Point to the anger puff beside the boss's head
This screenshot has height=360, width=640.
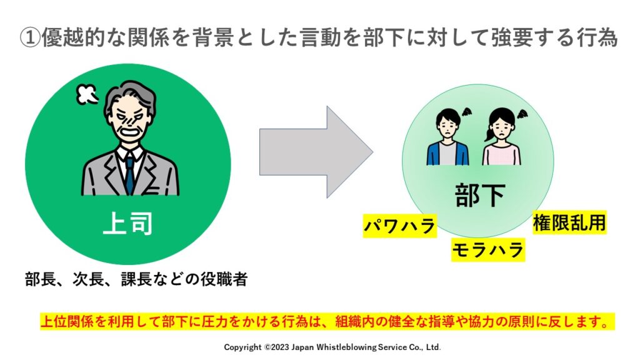(x=87, y=94)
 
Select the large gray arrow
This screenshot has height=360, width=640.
(x=316, y=152)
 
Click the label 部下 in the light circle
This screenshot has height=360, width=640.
(x=479, y=195)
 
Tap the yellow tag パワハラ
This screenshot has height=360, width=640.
(x=399, y=226)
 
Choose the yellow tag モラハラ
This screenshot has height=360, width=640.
(x=487, y=250)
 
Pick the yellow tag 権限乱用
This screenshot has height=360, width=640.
(x=569, y=222)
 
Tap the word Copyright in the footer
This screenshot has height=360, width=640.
(x=242, y=347)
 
